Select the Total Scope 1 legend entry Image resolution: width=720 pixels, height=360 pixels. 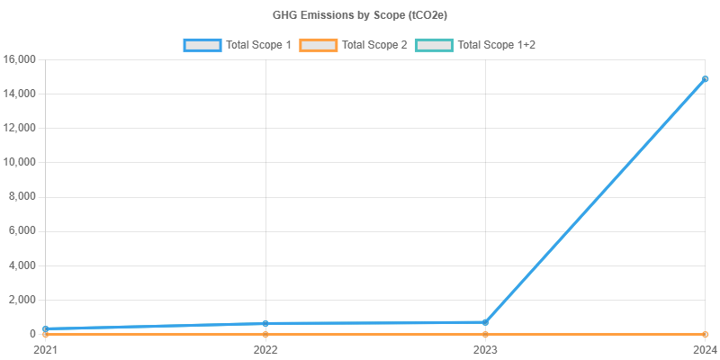point(238,44)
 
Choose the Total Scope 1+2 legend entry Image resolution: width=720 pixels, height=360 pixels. point(476,44)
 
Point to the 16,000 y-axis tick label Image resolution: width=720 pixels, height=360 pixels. point(19,59)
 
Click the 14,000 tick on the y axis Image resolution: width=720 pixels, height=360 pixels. point(19,94)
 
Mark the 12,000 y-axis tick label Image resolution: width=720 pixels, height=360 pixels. point(19,128)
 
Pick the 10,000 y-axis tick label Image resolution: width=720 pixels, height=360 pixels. point(19,162)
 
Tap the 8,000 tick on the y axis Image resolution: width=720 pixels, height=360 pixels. point(22,196)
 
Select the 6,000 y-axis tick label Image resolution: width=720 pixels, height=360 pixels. point(22,230)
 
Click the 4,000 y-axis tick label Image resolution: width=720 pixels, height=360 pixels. point(22,265)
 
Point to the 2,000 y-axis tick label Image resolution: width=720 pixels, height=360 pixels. point(22,300)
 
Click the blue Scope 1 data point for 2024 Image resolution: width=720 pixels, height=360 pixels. point(706,79)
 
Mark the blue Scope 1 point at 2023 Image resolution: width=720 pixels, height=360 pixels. point(486,322)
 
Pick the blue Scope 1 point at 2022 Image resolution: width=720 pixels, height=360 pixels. point(265,323)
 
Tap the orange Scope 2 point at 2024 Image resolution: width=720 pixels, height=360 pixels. point(706,334)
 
